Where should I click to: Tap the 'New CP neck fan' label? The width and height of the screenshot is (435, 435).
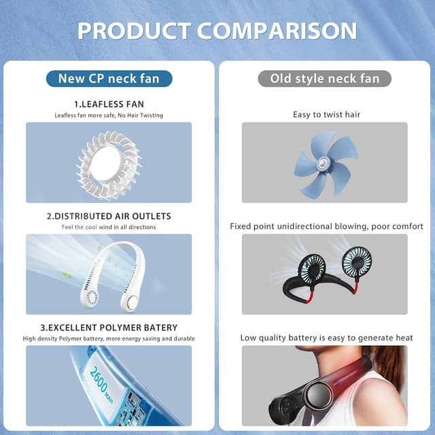pyautogui.click(x=109, y=78)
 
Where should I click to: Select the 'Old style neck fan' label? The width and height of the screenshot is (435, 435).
pyautogui.click(x=325, y=78)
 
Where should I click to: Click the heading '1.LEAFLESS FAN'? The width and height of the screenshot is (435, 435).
pyautogui.click(x=109, y=104)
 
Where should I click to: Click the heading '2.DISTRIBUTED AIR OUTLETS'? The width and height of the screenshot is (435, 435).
pyautogui.click(x=109, y=216)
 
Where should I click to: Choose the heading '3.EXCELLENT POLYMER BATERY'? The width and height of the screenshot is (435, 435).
pyautogui.click(x=109, y=328)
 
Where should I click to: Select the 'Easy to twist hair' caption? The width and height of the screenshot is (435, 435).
pyautogui.click(x=325, y=114)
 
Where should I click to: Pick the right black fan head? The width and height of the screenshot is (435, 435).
pyautogui.click(x=357, y=260)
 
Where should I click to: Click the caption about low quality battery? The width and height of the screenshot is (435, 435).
pyautogui.click(x=326, y=338)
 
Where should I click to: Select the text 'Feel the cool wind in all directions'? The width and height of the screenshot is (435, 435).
pyautogui.click(x=109, y=227)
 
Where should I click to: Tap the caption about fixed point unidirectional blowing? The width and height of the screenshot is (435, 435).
pyautogui.click(x=326, y=226)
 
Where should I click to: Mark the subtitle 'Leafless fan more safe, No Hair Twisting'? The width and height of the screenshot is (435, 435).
pyautogui.click(x=109, y=116)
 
